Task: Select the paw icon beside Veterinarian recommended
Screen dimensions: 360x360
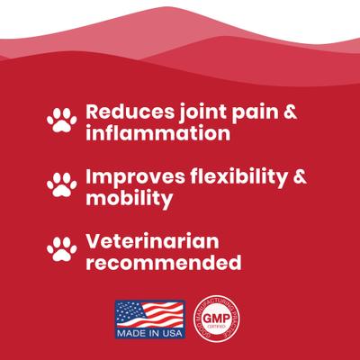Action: [x=62, y=247]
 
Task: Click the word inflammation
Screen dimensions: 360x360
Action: [x=153, y=134]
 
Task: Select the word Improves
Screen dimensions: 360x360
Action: [x=130, y=176]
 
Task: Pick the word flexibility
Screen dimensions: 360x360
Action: [x=234, y=176]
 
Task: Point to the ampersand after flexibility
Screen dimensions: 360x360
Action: [x=300, y=176]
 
